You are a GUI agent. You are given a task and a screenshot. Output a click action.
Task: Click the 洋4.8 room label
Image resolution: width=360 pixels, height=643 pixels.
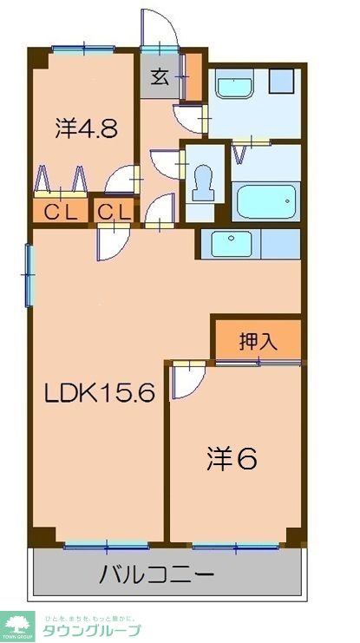(x=86, y=130)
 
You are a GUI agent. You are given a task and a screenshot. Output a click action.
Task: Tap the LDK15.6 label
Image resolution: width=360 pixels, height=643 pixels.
(x=100, y=395)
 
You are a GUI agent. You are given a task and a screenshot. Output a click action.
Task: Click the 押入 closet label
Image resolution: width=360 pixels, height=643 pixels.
(x=258, y=341)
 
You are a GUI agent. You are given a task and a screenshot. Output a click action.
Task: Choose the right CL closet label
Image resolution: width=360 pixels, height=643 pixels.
(x=114, y=211)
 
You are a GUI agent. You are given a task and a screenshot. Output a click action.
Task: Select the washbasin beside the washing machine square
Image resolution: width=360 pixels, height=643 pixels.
(x=234, y=88)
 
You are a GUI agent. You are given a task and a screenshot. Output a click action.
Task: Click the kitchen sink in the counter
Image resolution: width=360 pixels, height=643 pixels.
(x=231, y=244)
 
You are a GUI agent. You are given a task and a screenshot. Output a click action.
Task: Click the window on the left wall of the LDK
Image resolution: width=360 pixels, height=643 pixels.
(x=29, y=273)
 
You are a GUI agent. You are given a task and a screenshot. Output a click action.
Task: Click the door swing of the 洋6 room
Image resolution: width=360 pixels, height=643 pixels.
(x=185, y=380)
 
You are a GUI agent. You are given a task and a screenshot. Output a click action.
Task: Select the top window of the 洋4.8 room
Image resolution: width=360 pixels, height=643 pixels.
(x=83, y=49)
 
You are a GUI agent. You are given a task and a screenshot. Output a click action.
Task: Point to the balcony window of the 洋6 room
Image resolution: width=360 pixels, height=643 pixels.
(x=235, y=546)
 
